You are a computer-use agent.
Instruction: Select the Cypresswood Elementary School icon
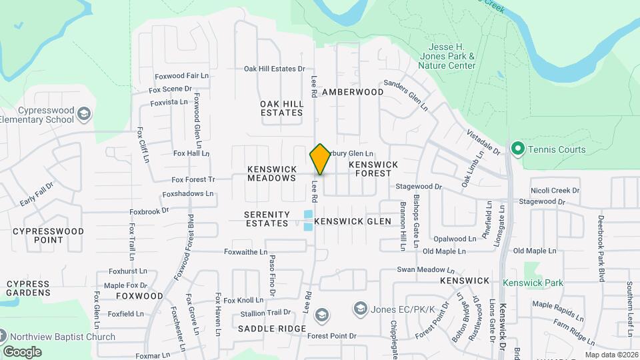pos(83,113)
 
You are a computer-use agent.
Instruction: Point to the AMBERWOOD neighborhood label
pos(353,92)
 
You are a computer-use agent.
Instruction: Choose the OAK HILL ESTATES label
pos(281,108)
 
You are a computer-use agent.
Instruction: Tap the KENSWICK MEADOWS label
pos(271,173)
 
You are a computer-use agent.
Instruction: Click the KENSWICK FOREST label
pos(373,169)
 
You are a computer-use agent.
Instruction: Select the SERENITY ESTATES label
pos(267,219)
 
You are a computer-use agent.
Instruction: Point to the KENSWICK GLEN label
pos(353,221)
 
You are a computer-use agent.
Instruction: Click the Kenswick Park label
pos(533,283)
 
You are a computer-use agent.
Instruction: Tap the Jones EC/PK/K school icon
pos(361,308)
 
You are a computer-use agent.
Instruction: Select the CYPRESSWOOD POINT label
pos(48,235)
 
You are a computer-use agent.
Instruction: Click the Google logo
pos(22,351)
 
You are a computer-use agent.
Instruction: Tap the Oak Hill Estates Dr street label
pos(274,69)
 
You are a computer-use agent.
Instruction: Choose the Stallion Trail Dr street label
pos(265,312)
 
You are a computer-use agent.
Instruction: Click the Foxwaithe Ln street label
pos(245,252)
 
